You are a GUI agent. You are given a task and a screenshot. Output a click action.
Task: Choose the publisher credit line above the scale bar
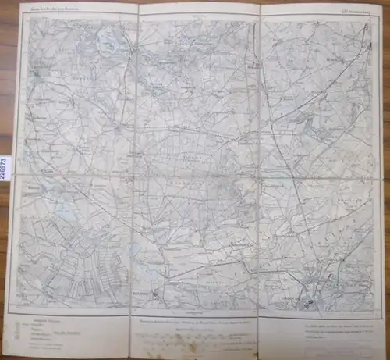(195, 320)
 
